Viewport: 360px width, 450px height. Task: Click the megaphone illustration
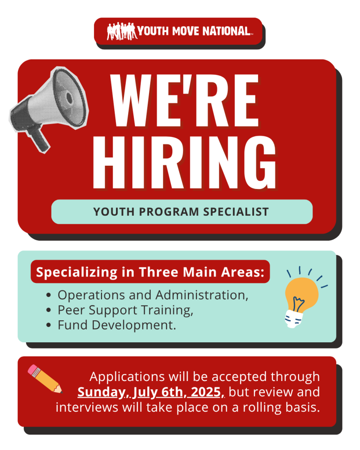(49, 108)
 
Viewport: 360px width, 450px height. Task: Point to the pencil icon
(45, 378)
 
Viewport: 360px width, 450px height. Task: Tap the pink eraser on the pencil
(32, 369)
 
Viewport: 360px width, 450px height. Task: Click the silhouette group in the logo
(122, 31)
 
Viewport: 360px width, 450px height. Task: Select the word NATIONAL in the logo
(226, 31)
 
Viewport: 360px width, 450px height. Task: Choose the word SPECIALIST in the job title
(236, 212)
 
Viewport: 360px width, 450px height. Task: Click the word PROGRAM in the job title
(169, 212)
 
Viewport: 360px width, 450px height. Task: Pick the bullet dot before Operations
(48, 295)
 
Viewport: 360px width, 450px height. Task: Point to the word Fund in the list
(73, 325)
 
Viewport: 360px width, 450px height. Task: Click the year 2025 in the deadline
(207, 392)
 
